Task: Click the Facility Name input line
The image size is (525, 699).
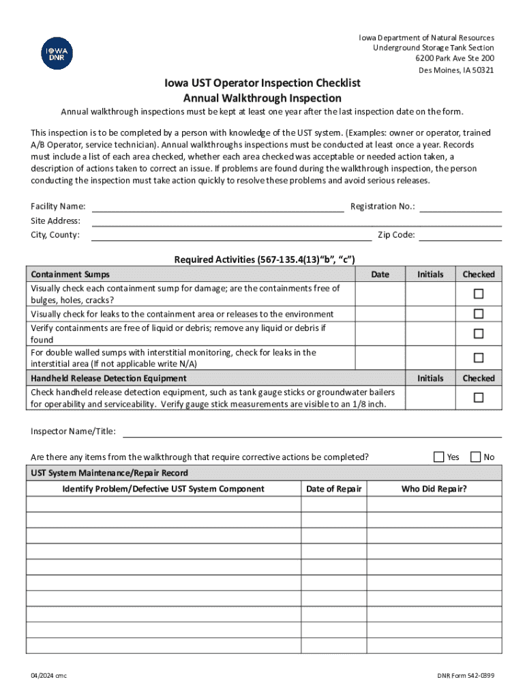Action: [217, 207]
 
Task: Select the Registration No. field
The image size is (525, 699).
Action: [460, 207]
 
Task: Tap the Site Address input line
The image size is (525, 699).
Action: [297, 221]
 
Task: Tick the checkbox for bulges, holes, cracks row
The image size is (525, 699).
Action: [479, 294]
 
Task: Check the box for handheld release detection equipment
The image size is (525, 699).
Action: [479, 397]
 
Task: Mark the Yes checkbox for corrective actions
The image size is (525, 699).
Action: [439, 457]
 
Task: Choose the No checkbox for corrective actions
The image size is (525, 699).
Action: [475, 457]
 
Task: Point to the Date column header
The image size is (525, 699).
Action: [380, 274]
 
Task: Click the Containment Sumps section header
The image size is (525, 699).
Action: [70, 274]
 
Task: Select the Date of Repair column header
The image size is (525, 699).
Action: [334, 489]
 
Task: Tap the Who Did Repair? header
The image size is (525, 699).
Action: [434, 489]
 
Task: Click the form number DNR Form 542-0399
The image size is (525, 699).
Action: [466, 676]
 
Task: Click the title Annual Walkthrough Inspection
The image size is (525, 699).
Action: [262, 98]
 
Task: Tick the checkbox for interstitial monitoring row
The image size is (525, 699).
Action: [479, 358]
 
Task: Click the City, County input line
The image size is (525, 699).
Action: [231, 236]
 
